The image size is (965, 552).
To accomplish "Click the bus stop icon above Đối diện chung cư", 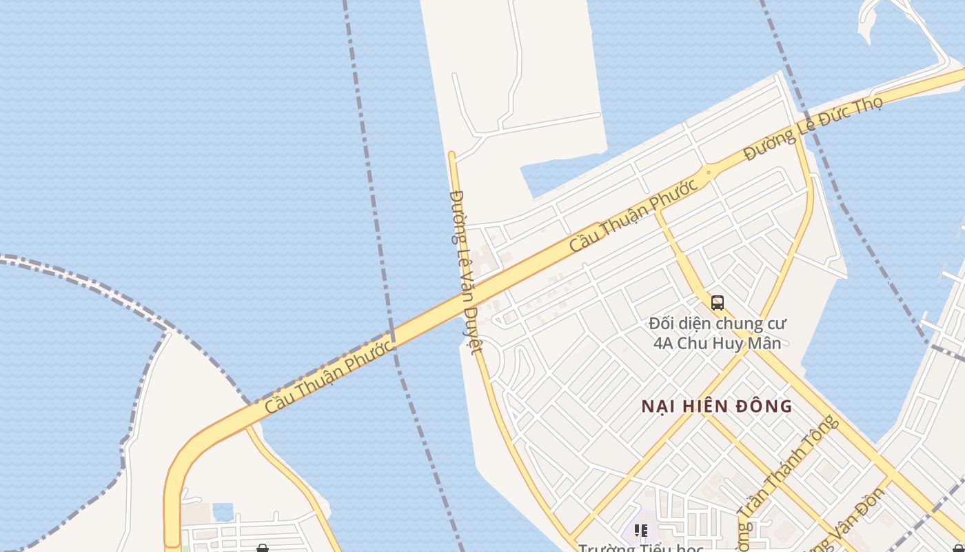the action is click(x=718, y=302).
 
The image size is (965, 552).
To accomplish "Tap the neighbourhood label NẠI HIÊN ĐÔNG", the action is click(x=717, y=406).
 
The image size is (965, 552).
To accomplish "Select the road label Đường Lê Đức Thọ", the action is click(x=813, y=128).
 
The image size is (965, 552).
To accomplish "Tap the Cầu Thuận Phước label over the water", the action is click(x=330, y=377).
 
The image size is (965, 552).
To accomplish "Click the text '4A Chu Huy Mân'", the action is click(x=717, y=343).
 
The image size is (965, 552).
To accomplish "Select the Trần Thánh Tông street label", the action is click(x=787, y=469).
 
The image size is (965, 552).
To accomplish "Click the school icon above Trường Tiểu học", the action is click(x=641, y=530).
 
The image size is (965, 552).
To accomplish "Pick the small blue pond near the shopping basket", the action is click(x=223, y=511).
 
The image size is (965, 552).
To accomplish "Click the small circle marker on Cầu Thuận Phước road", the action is click(x=708, y=172).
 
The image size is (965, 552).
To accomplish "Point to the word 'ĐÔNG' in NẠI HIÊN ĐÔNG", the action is click(x=766, y=406).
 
